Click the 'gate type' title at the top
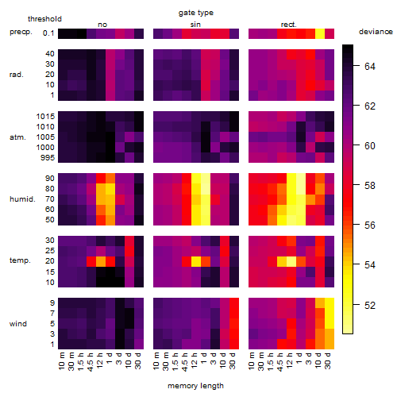[x=196, y=13]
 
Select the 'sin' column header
[x=195, y=25]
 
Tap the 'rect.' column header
[x=288, y=25]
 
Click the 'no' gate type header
[x=102, y=25]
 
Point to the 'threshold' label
[x=44, y=19]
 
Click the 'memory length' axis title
[x=195, y=386]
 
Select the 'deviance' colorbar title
[x=376, y=32]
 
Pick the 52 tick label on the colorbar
[x=370, y=305]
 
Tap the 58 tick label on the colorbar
[x=370, y=186]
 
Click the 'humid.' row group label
[x=22, y=199]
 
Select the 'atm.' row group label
[x=17, y=137]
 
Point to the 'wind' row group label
[x=18, y=324]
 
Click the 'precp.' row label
[x=21, y=32]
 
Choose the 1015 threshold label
[x=45, y=117]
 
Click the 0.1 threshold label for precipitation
[x=48, y=33]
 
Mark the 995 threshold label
[x=48, y=158]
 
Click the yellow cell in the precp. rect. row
[x=320, y=34]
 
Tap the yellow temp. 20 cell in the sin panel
[x=196, y=261]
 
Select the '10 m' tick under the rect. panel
[x=252, y=360]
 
